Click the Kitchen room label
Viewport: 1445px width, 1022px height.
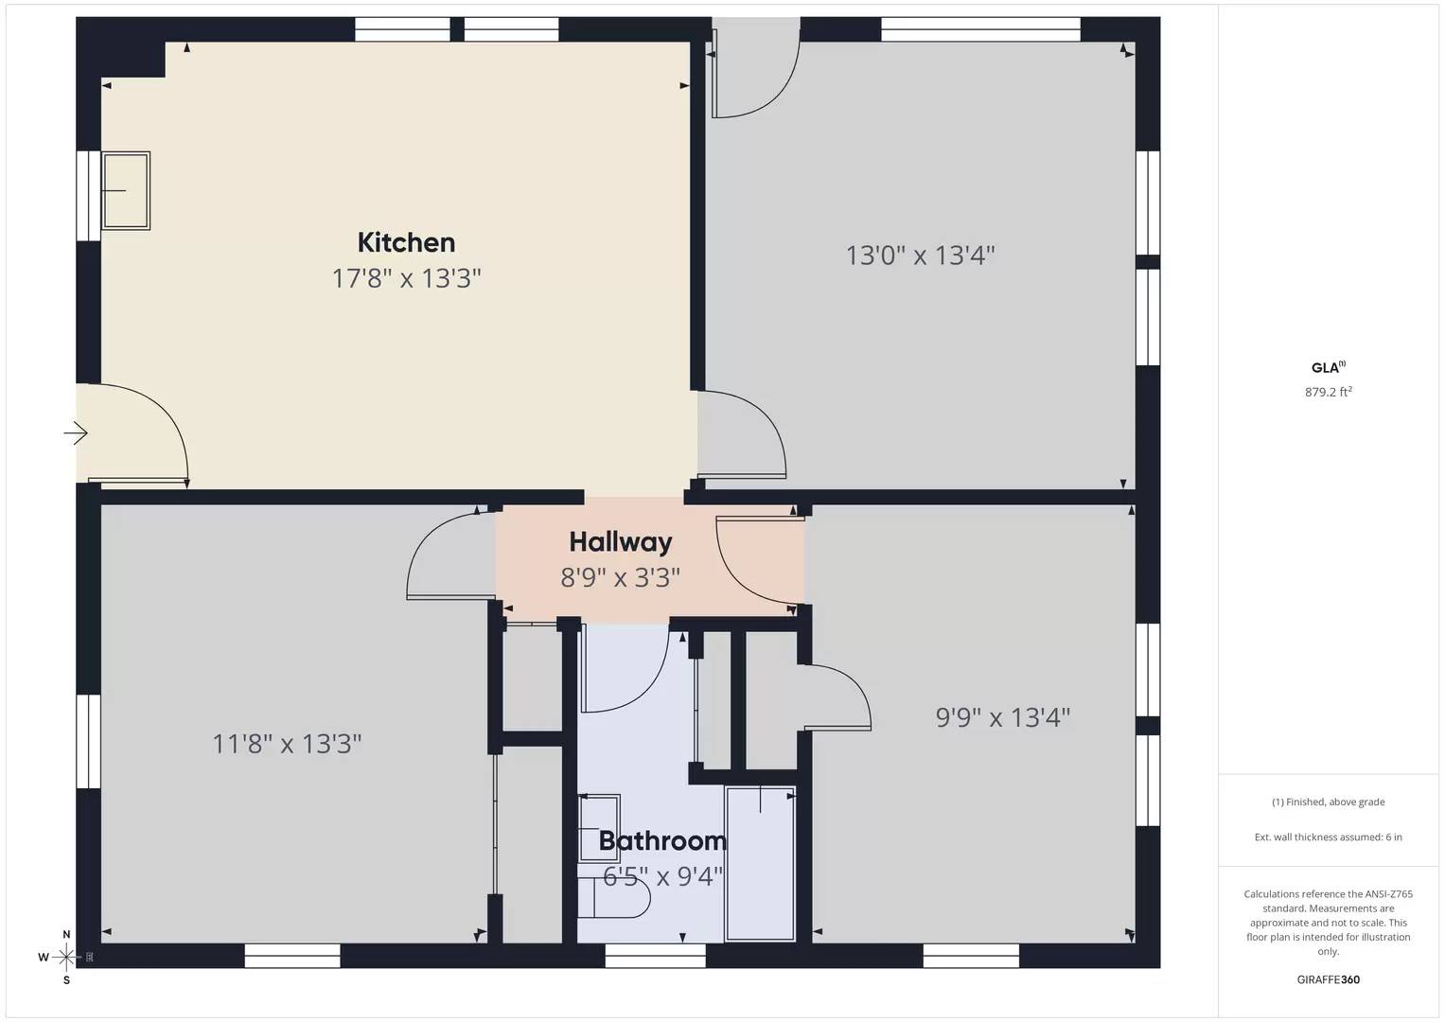[406, 243]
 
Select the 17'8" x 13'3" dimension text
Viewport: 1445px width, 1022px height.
[406, 279]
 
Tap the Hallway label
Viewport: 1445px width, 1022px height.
[621, 542]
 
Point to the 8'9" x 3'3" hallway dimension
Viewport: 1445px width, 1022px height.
[621, 577]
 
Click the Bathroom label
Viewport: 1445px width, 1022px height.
[662, 840]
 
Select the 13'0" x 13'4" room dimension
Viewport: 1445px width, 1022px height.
[920, 255]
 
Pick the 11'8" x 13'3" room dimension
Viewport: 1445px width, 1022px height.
[287, 744]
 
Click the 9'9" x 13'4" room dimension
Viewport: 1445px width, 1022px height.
[1003, 717]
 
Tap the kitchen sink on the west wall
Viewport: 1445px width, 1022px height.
[126, 190]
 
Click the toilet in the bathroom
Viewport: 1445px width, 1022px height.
[615, 897]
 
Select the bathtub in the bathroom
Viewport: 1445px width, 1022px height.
[760, 863]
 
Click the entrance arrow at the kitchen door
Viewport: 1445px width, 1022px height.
[76, 434]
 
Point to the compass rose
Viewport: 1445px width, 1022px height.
[65, 958]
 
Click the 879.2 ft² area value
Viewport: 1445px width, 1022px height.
[1328, 392]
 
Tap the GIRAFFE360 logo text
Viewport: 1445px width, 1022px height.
[1328, 979]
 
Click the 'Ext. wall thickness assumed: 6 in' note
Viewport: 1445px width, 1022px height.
[1328, 837]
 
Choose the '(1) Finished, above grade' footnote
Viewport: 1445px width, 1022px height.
[1328, 802]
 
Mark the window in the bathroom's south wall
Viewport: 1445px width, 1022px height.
[655, 957]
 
